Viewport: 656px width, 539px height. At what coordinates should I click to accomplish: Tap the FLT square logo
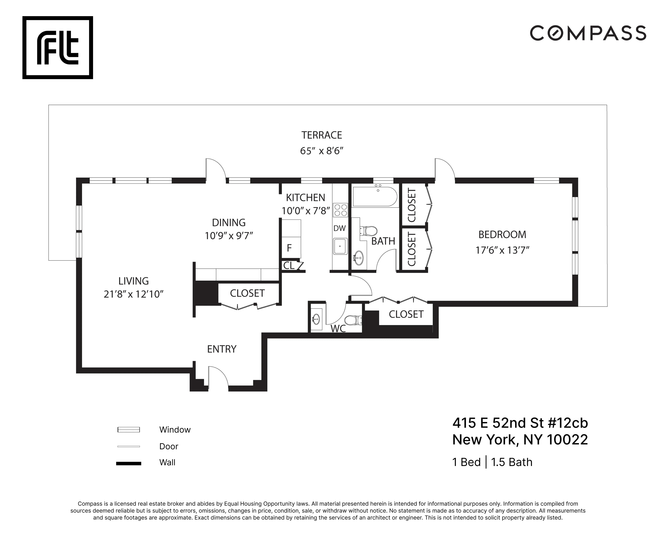click(x=58, y=47)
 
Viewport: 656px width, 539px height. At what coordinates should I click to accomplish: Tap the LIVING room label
click(x=134, y=281)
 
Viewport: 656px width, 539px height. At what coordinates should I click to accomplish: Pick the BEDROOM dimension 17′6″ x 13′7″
click(x=502, y=250)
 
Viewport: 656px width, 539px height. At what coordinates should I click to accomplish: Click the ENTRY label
click(x=222, y=349)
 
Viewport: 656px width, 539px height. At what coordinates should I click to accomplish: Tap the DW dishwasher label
click(x=339, y=228)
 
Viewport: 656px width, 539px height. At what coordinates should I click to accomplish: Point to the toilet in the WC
click(x=353, y=320)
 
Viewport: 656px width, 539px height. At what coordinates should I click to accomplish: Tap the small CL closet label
click(x=288, y=266)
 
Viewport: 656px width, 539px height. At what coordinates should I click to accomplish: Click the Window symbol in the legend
click(x=129, y=430)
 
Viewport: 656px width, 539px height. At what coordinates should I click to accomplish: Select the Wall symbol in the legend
click(x=129, y=464)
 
